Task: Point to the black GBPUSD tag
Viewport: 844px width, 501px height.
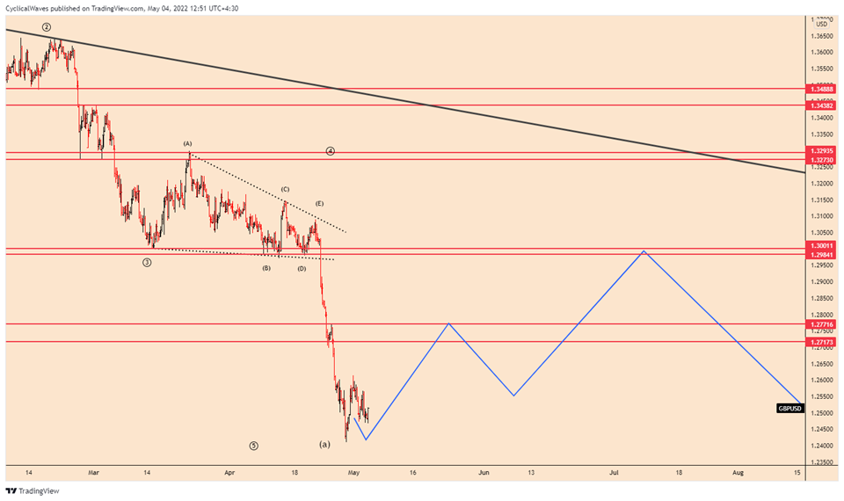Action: (x=789, y=408)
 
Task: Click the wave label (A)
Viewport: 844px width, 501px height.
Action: (x=187, y=143)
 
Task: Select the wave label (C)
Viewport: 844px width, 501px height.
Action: (x=285, y=189)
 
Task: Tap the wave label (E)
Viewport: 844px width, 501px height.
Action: (x=319, y=203)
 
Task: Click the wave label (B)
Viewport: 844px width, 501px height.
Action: (x=266, y=267)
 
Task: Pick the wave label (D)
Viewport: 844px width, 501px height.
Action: (x=301, y=267)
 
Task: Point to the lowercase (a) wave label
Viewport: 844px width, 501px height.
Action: (x=324, y=444)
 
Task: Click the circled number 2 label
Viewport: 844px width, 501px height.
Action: (x=46, y=27)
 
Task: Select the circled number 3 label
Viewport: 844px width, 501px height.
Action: (x=147, y=262)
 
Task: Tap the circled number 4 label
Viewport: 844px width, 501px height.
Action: (x=330, y=150)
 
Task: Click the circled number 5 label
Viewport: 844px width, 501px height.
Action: (x=253, y=446)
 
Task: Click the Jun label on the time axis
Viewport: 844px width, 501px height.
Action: (x=484, y=472)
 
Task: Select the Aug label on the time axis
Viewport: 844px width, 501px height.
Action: (x=738, y=472)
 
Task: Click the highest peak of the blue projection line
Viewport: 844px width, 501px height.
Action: (x=644, y=251)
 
